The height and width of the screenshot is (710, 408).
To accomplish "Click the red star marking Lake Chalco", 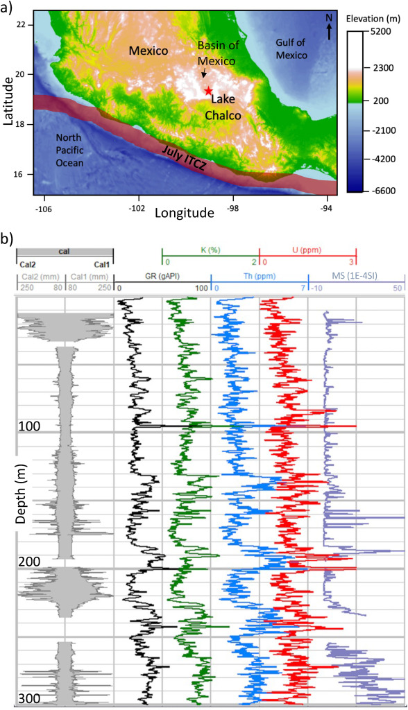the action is click(x=208, y=91).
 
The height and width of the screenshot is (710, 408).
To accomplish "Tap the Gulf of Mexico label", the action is click(x=291, y=49).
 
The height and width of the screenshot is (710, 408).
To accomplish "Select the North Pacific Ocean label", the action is click(x=69, y=150).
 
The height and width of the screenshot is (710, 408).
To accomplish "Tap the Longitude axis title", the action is click(x=185, y=212).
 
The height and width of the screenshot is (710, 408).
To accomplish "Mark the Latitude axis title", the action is click(x=8, y=101).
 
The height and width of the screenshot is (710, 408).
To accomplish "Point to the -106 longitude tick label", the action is click(x=44, y=208).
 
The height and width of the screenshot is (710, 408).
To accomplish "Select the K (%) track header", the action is click(x=210, y=250).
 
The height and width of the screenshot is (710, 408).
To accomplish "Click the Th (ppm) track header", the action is click(x=259, y=276).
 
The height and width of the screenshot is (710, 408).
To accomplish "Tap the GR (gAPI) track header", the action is click(x=162, y=276).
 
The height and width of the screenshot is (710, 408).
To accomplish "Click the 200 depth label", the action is click(x=29, y=562).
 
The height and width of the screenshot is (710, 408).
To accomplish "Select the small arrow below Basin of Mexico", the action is click(x=205, y=73).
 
